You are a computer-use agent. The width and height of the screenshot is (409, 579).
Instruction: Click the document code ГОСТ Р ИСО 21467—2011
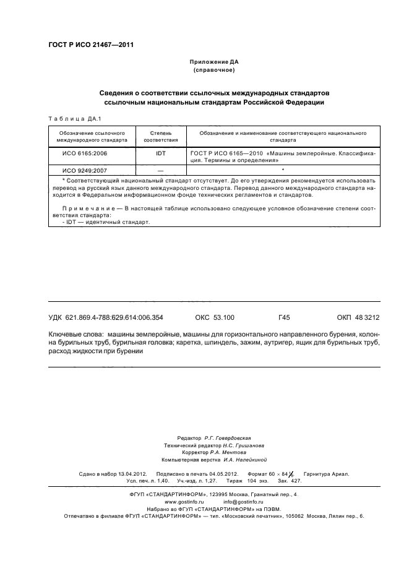[x=90, y=45]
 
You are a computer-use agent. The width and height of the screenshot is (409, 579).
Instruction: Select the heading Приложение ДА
[x=213, y=62]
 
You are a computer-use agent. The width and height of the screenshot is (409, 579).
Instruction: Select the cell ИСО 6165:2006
[x=84, y=152]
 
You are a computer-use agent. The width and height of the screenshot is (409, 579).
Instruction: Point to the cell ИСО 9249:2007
[x=84, y=169]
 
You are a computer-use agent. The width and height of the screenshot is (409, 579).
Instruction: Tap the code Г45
[x=285, y=317]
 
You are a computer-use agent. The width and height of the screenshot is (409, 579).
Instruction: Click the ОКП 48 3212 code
[x=358, y=317]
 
